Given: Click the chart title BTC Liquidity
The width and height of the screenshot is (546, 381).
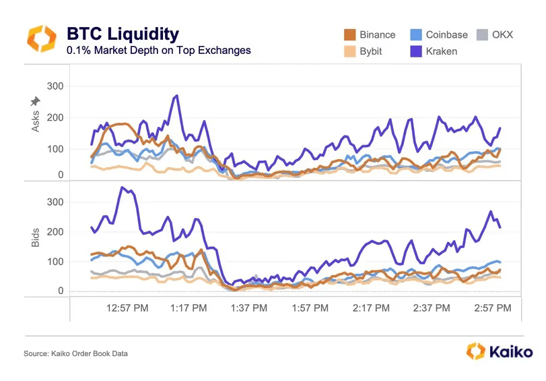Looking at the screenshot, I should [123, 34].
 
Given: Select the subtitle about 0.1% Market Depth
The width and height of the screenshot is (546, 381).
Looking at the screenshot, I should [158, 51].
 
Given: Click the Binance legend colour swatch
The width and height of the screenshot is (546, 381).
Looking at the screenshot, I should [349, 34].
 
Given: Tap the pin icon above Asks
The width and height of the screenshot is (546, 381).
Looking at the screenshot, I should [36, 101].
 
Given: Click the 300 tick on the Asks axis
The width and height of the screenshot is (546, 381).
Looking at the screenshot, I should [55, 86].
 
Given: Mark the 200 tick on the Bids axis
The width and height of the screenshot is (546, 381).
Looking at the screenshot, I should [55, 232].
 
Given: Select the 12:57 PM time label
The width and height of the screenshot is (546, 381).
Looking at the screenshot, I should [128, 308].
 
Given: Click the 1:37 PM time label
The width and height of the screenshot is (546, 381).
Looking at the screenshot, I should [248, 308].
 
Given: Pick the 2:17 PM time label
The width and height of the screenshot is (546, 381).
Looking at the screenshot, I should [370, 308].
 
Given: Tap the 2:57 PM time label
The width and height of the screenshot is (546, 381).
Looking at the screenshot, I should [491, 308].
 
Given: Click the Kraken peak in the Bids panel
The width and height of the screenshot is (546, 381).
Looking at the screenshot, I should [123, 187].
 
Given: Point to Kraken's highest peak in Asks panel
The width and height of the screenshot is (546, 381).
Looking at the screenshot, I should [176, 96].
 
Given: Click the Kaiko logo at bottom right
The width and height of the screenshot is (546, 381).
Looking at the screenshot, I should [499, 351].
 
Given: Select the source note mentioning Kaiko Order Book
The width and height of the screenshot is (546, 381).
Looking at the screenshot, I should [75, 353].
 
